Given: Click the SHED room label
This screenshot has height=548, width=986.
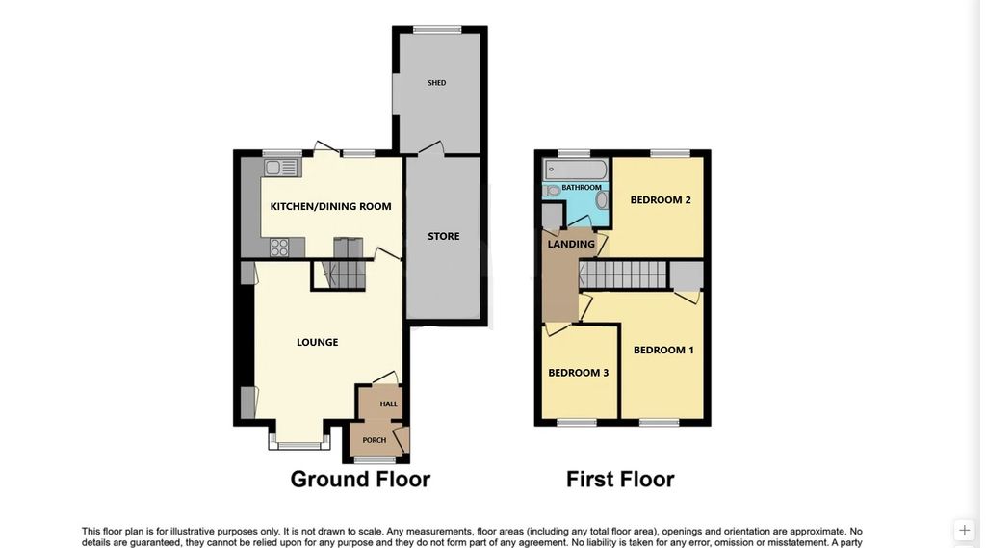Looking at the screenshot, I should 437,84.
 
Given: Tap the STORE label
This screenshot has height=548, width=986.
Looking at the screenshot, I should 444,236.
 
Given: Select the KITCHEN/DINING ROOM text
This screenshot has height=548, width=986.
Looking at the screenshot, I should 330,207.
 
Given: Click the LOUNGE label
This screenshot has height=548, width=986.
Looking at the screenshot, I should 317,342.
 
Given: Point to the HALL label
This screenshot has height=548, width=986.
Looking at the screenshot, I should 388,404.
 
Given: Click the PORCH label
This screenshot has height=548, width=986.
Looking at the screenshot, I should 374,440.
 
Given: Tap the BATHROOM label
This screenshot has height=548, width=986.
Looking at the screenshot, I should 582,188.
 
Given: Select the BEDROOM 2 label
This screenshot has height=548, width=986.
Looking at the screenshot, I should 661,200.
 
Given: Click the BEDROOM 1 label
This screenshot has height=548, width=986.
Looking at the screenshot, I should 663,351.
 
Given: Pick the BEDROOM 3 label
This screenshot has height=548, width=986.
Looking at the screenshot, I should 578,373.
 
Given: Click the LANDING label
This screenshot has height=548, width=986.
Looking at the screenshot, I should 571,245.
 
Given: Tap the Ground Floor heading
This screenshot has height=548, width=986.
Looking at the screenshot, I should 360,479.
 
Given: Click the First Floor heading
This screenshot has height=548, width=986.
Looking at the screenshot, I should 620,479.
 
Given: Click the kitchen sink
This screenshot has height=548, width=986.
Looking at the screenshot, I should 282,168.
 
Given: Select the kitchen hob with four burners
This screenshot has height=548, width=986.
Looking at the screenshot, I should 279,247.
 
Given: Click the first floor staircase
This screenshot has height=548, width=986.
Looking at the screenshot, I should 623,275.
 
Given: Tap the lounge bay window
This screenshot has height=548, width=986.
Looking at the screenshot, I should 298,445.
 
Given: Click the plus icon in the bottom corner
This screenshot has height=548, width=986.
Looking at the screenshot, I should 964,530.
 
